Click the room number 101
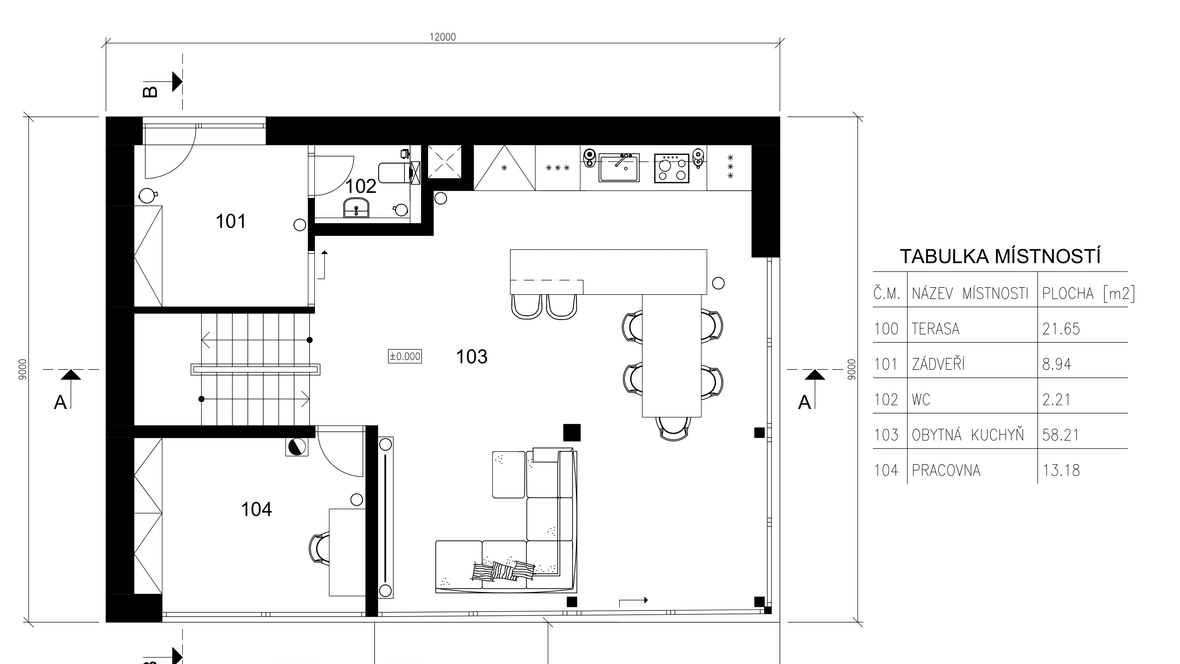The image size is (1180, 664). click(x=230, y=221)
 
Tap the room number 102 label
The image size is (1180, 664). click(x=360, y=186)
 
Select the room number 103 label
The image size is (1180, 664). click(x=472, y=356)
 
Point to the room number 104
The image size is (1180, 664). click(x=256, y=510)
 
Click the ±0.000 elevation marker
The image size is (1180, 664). click(x=405, y=356)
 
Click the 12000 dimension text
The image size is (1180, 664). click(x=442, y=37)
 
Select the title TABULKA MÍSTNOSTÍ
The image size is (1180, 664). click(x=1000, y=257)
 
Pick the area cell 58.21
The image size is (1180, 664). click(x=1061, y=435)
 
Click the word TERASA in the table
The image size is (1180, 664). click(x=935, y=329)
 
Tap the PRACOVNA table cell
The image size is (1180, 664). click(x=946, y=471)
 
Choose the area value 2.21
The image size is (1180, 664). click(x=1057, y=400)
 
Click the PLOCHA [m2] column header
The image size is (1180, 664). click(x=1088, y=294)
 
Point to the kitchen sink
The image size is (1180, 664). click(x=619, y=167)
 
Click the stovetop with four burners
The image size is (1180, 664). click(x=671, y=168)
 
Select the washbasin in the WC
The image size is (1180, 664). click(x=358, y=208)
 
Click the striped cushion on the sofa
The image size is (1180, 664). click(x=500, y=571)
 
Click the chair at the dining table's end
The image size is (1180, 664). click(x=673, y=428)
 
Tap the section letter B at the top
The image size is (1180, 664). click(x=151, y=91)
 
